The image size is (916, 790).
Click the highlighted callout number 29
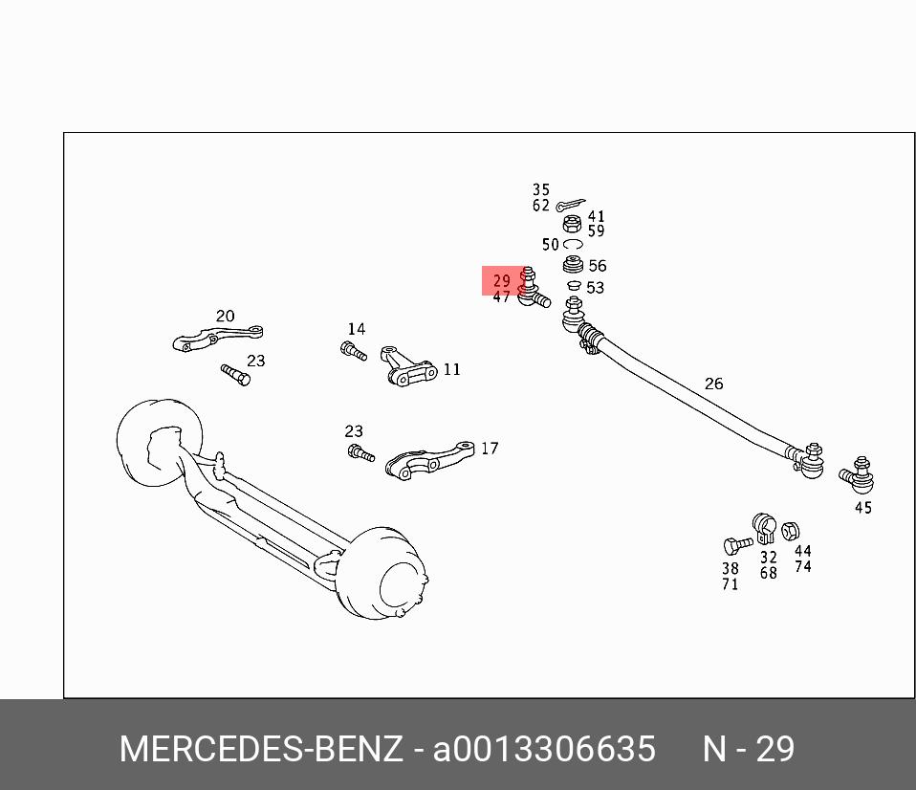[x=502, y=281]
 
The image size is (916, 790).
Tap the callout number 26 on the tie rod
[x=714, y=384]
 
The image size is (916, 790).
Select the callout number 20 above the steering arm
[x=225, y=316]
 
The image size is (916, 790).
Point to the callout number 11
[x=451, y=369]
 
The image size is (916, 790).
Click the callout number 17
[x=490, y=448]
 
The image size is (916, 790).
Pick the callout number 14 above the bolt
[x=356, y=329]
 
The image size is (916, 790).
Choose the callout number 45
[x=863, y=508]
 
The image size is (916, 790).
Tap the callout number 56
[x=598, y=266]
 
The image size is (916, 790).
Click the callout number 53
[x=595, y=287]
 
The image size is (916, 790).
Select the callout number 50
[x=550, y=245]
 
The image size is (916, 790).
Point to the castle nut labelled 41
[x=572, y=224]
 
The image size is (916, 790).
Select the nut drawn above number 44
[x=791, y=532]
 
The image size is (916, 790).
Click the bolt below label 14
[x=354, y=351]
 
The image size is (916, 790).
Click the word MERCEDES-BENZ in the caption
[x=261, y=749]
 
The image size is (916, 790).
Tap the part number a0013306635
[x=544, y=749]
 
